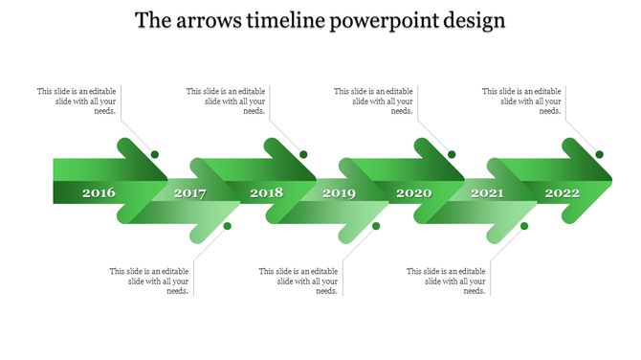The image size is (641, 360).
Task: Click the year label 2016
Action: pos(99,193)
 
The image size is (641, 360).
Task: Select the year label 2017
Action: pos(190,193)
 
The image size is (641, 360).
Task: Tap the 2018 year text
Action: pos(266,193)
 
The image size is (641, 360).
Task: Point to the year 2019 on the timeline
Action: pos(339,193)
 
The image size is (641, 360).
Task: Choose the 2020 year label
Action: pos(414,193)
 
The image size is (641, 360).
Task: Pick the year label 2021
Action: pos(487,193)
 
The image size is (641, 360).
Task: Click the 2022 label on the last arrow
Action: pos(563,193)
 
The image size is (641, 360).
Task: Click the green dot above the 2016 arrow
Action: pos(155,154)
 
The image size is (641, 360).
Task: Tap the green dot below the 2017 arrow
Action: pos(228,226)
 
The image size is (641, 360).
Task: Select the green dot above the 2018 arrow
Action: pos(303,154)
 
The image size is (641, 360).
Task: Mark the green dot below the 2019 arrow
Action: pos(376,226)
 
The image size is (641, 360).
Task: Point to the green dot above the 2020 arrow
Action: pos(452,154)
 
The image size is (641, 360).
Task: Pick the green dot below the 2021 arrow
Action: pos(524,226)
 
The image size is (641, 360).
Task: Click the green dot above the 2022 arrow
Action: pos(600,154)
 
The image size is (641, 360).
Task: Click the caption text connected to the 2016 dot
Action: pos(77,101)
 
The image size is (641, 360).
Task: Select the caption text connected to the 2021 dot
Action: pos(446,281)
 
